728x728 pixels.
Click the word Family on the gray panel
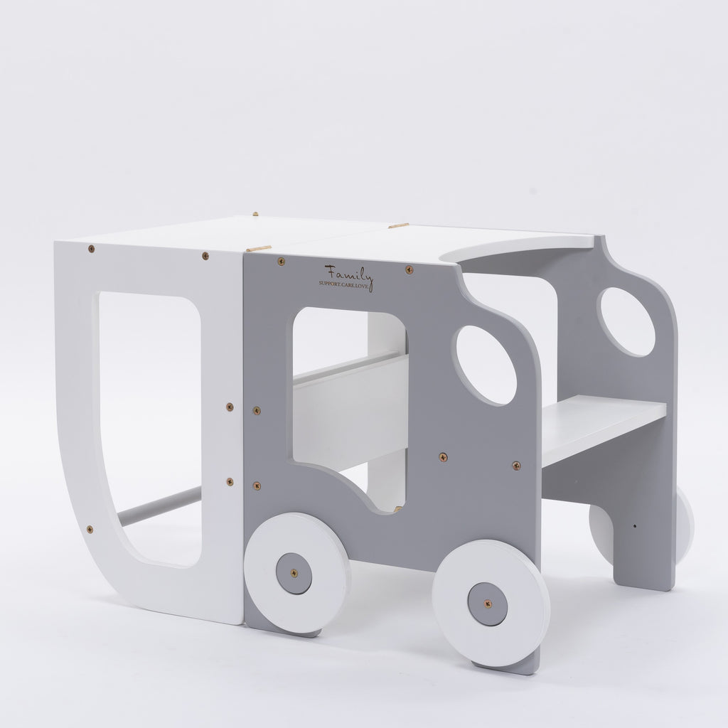point(348,272)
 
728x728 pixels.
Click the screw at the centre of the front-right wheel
point(488,604)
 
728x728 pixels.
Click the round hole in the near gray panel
point(486,365)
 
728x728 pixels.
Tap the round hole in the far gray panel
point(626,321)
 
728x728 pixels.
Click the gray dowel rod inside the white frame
point(160,505)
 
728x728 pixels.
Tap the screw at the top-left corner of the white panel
point(91,249)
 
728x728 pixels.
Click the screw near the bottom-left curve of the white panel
point(89,529)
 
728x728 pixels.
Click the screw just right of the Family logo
point(409,269)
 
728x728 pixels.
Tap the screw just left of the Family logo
point(282,262)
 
